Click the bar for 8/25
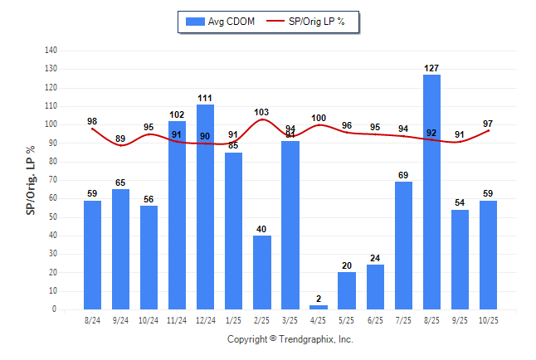(x=431, y=192)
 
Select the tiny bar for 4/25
(x=319, y=307)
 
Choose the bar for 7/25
(x=403, y=245)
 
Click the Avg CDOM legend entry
(x=220, y=22)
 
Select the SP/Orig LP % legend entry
(x=312, y=22)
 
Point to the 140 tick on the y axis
(x=51, y=51)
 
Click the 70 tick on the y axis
(x=53, y=180)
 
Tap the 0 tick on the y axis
(x=55, y=309)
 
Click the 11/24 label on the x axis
(x=177, y=321)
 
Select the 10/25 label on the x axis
(x=488, y=321)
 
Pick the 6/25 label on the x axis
(x=375, y=321)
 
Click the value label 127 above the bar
(x=431, y=69)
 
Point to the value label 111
(x=205, y=98)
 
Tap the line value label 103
(x=262, y=112)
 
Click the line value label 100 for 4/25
(x=319, y=118)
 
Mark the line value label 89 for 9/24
(x=120, y=139)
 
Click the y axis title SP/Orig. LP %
(x=31, y=179)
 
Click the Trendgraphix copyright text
(x=290, y=339)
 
